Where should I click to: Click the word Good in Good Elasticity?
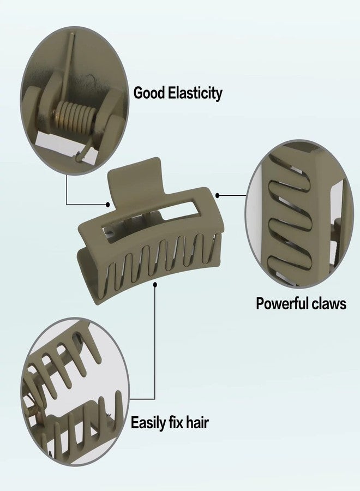(149, 93)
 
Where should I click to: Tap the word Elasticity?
(195, 93)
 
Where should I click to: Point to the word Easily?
(148, 423)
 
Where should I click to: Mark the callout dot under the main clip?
(155, 284)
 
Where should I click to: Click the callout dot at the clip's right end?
(217, 195)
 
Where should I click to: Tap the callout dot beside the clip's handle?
(108, 205)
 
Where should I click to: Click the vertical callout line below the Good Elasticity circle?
(67, 190)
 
